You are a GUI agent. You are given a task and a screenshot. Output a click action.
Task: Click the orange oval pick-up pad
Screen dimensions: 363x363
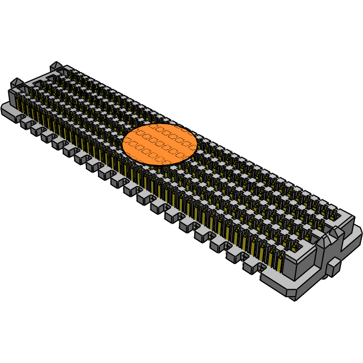pyautogui.click(x=159, y=144)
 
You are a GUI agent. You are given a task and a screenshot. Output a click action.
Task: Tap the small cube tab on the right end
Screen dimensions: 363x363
pyautogui.click(x=334, y=268)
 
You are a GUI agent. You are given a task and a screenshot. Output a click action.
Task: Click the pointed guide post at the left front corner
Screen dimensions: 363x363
pyautogui.click(x=17, y=83)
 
